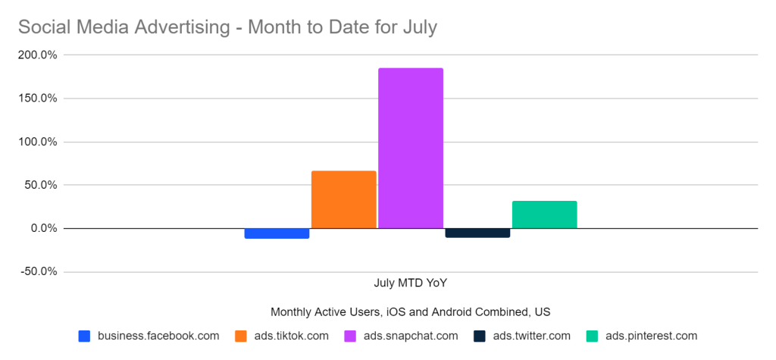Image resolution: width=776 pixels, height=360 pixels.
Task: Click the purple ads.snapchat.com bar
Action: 411,148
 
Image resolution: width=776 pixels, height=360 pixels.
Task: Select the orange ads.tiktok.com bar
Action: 343,199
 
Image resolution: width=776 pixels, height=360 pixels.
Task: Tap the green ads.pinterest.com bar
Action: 544,214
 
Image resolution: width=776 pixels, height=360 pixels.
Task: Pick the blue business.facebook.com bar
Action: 277,233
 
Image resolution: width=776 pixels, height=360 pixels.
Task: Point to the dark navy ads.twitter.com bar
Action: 477,233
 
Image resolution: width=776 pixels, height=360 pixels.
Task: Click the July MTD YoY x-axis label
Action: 410,283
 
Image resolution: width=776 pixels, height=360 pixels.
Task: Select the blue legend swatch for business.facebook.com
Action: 85,336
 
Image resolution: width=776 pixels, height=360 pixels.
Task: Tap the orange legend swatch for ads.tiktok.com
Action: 242,336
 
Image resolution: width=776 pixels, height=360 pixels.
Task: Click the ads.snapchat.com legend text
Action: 410,336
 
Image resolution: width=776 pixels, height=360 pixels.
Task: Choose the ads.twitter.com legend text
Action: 531,336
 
